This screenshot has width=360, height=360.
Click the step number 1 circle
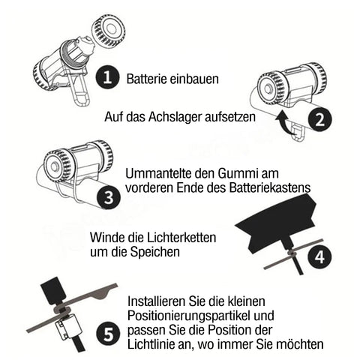tap(107, 77)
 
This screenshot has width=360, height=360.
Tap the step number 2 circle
tap(320, 120)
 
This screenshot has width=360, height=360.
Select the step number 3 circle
tap(109, 197)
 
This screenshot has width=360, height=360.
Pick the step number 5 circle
tap(109, 334)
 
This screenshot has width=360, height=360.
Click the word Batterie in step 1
tap(146, 79)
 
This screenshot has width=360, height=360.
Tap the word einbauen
tap(194, 79)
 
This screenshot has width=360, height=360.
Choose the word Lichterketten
tap(181, 237)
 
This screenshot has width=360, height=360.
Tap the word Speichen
tap(155, 251)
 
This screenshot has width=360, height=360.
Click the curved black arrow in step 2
tap(286, 123)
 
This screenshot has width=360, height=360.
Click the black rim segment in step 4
tap(276, 222)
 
